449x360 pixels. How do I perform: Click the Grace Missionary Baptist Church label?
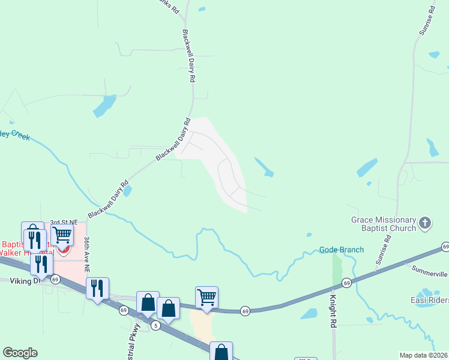pos(384,224)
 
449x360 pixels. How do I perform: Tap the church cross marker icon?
pos(425,224)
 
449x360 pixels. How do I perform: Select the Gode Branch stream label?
pos(342,250)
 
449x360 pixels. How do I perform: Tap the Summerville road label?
pos(430,271)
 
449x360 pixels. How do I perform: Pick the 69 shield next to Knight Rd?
pos(346,283)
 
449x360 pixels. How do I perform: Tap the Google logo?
pos(20,353)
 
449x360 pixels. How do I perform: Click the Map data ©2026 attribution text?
pos(424,355)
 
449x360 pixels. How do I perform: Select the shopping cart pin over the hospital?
pos(62,235)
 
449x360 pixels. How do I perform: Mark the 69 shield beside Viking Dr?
pos(55,280)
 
